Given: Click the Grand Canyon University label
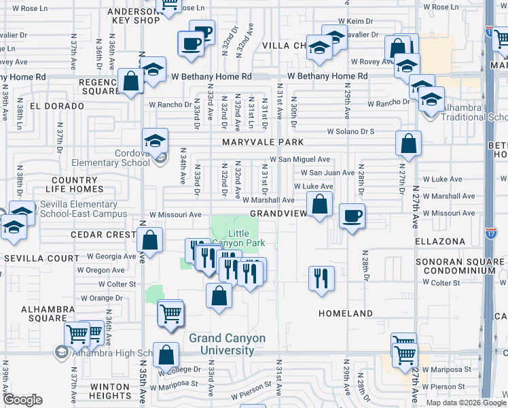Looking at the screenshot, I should click(221, 344).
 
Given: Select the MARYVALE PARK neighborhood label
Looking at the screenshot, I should click(262, 143).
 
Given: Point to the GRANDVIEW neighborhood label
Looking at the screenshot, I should click(278, 214).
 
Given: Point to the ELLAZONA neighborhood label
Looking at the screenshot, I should click(440, 241).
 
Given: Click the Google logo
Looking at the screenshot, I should click(22, 400).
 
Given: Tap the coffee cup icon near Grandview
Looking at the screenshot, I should click(352, 217).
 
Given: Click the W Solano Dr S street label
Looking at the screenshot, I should click(350, 131).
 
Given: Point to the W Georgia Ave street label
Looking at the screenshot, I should click(111, 257).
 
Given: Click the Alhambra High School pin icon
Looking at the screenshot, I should click(62, 352).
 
